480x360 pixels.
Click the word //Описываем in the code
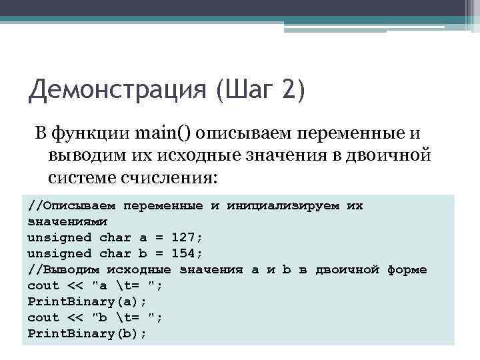pyautogui.click(x=71, y=205)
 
